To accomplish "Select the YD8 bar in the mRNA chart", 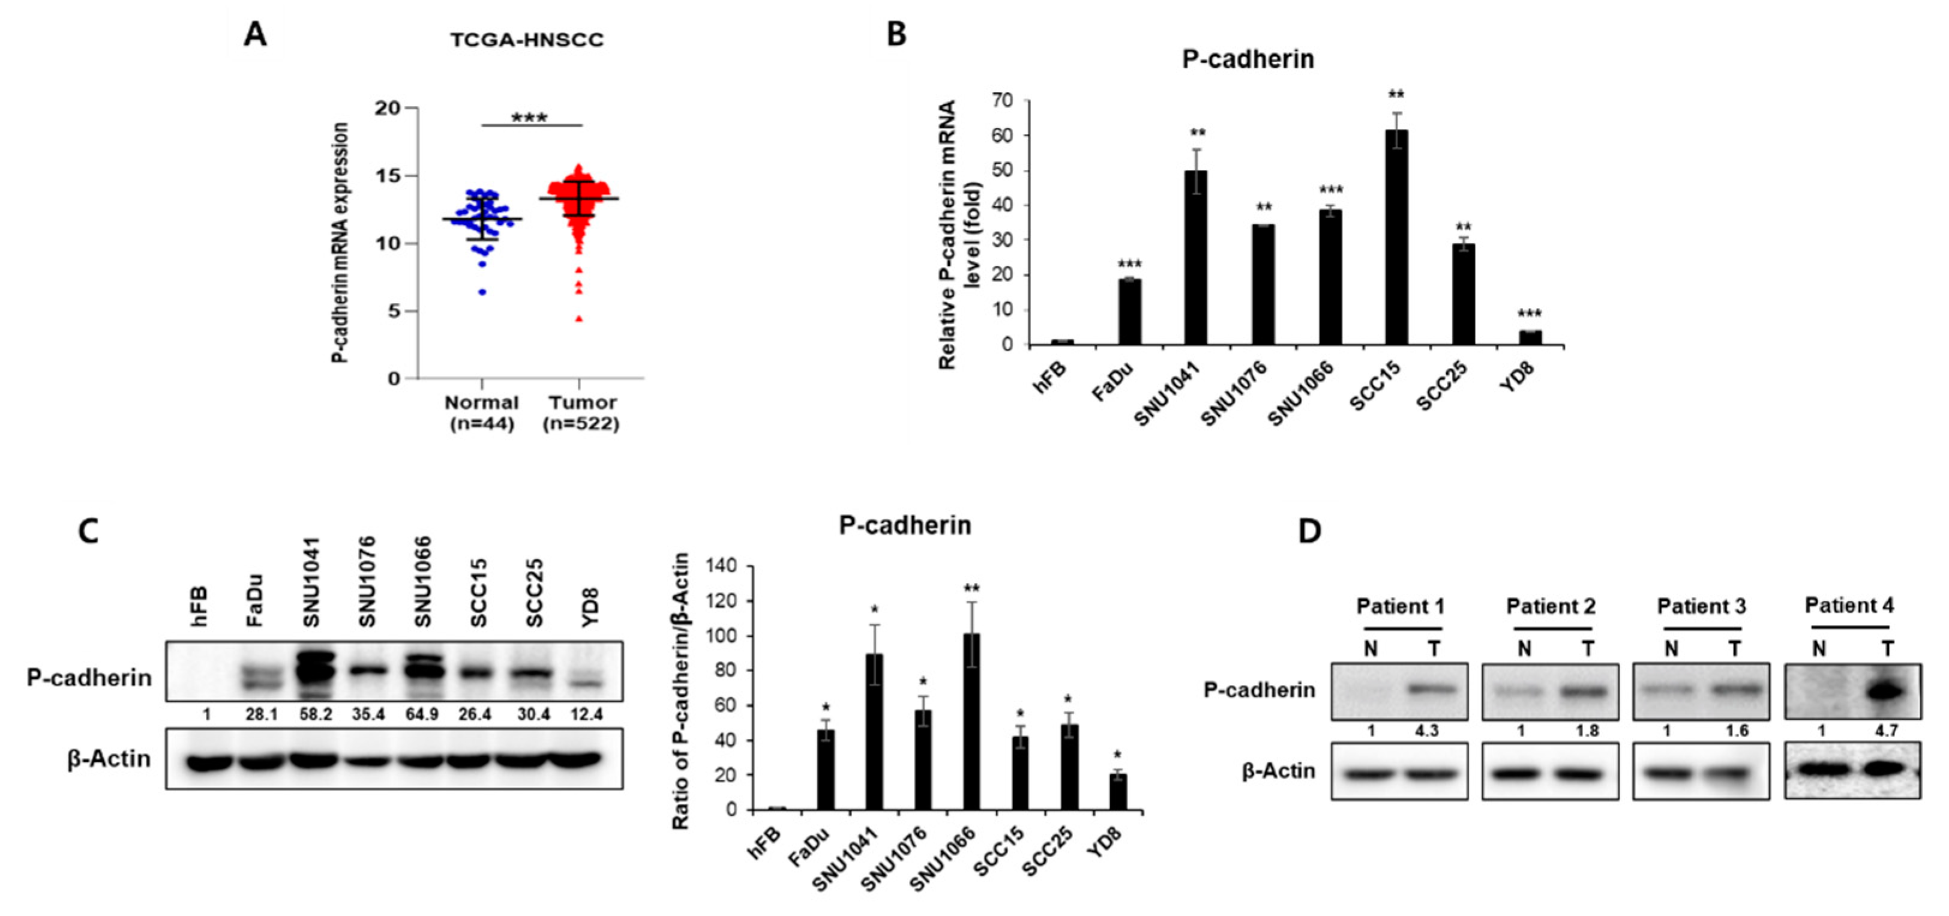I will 1530,337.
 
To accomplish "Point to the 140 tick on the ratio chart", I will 722,566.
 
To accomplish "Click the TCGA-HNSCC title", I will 527,40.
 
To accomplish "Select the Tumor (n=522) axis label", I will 580,412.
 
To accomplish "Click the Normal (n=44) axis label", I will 482,412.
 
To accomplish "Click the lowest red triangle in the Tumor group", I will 579,319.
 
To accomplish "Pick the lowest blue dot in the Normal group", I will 482,292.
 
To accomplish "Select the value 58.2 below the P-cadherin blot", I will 316,714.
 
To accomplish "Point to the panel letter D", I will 1310,531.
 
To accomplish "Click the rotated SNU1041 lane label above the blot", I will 311,583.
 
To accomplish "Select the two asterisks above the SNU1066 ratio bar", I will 971,589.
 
